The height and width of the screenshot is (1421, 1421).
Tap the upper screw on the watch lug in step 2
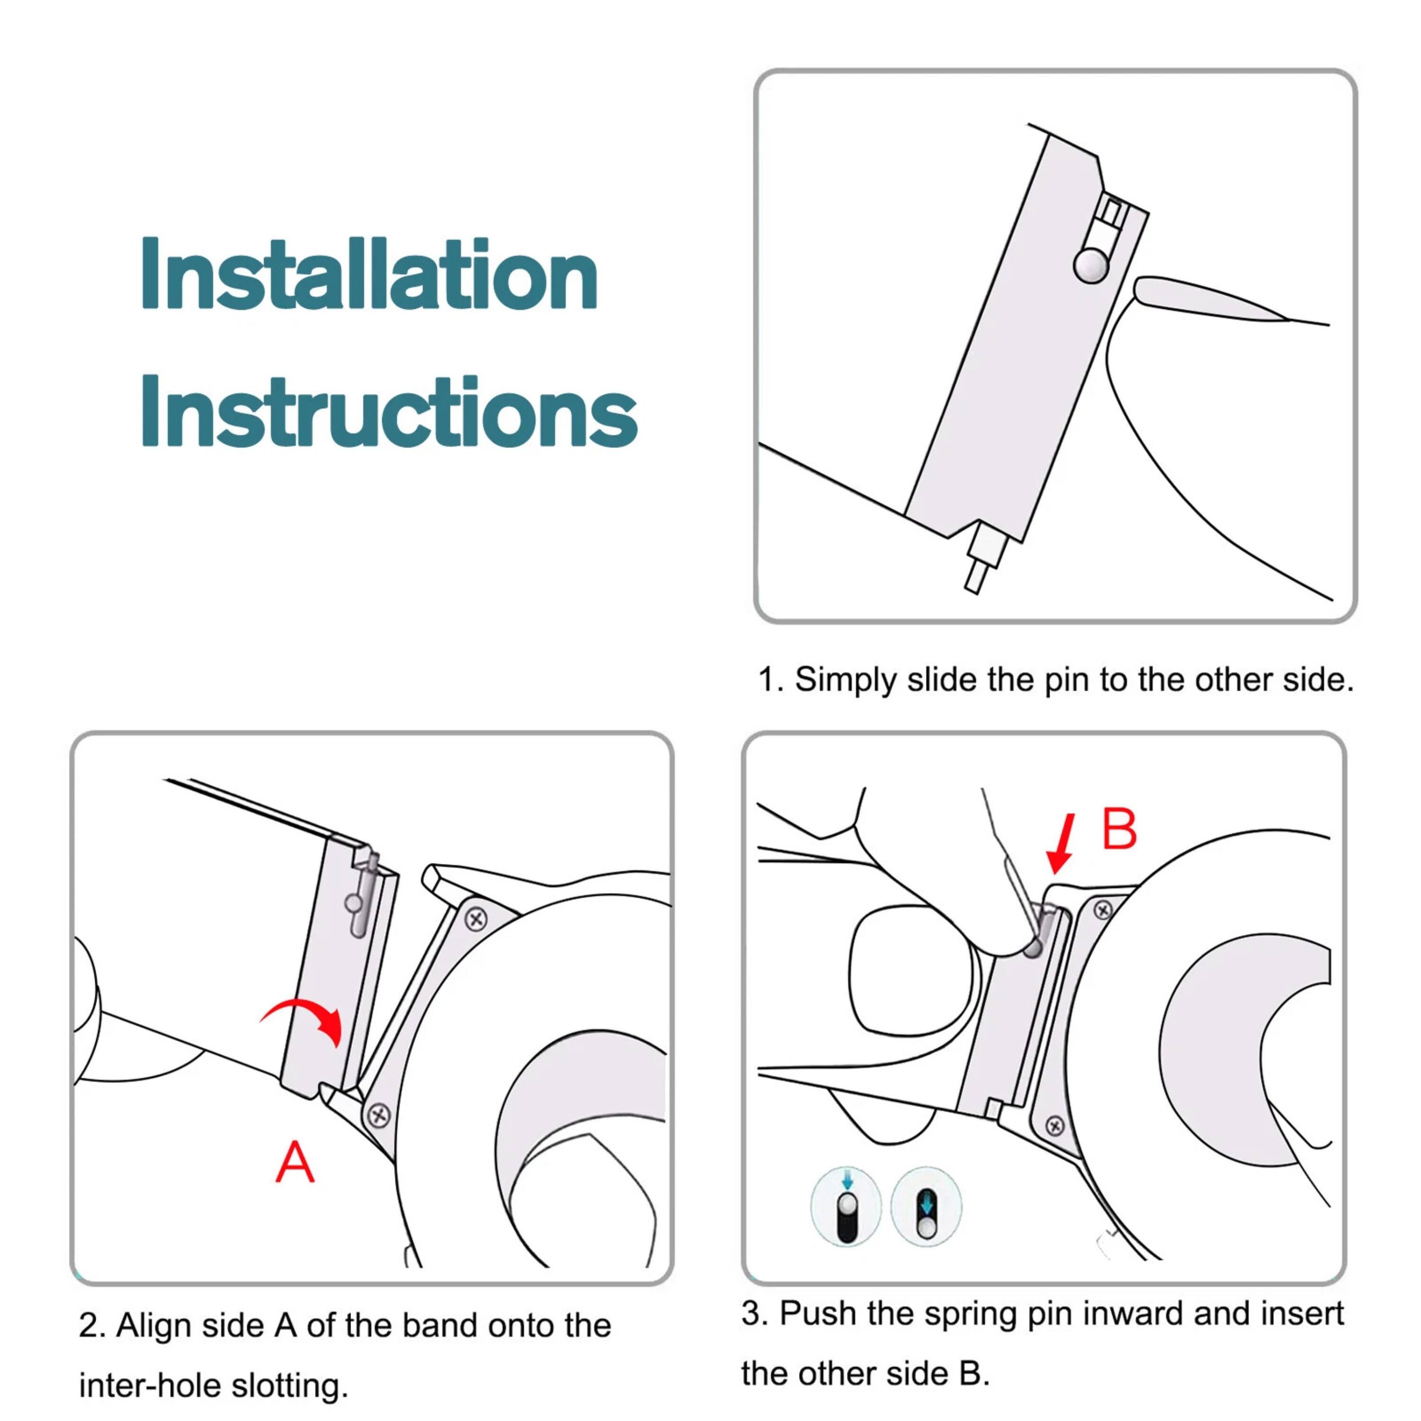477,918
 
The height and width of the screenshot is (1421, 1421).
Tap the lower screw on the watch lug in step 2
379,1116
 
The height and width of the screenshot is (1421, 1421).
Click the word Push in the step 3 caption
809,1313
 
